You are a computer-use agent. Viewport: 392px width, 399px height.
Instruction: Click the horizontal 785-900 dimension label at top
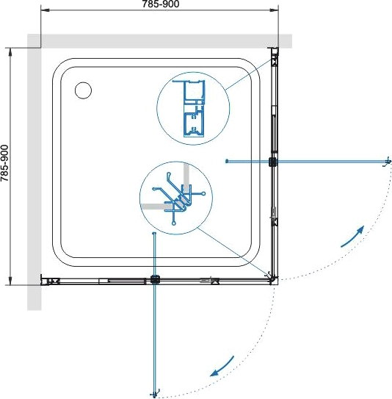pos(161,4)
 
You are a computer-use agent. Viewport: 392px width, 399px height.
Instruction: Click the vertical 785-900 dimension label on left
pos(4,163)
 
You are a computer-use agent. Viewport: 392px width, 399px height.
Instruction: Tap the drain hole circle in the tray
pos(84,90)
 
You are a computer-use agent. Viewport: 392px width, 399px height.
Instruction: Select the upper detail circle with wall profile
pos(193,109)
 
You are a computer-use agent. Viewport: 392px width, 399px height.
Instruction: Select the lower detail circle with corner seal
pos(176,198)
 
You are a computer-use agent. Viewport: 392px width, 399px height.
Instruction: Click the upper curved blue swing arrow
pos(353,237)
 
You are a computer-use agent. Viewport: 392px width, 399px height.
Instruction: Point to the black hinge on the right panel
pos(273,162)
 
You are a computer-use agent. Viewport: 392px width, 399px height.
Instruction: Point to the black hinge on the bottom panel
pos(155,279)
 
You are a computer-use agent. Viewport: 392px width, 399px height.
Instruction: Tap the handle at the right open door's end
pos(387,162)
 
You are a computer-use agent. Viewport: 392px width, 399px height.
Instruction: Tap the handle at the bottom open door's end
pos(155,394)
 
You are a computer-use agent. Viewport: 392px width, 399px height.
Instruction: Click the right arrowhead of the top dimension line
pos(274,10)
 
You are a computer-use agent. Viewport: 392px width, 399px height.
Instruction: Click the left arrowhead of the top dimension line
pos(46,10)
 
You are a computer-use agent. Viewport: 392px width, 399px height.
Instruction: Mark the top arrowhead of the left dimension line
pos(10,52)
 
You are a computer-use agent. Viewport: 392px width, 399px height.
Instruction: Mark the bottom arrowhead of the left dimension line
pos(10,281)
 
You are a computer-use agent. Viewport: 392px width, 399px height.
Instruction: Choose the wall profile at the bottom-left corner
pos(51,281)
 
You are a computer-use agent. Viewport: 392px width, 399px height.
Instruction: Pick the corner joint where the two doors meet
pos(273,279)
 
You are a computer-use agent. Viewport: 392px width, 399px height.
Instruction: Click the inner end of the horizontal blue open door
pos(227,161)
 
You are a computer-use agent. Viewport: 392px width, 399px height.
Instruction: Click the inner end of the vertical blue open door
pos(153,233)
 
